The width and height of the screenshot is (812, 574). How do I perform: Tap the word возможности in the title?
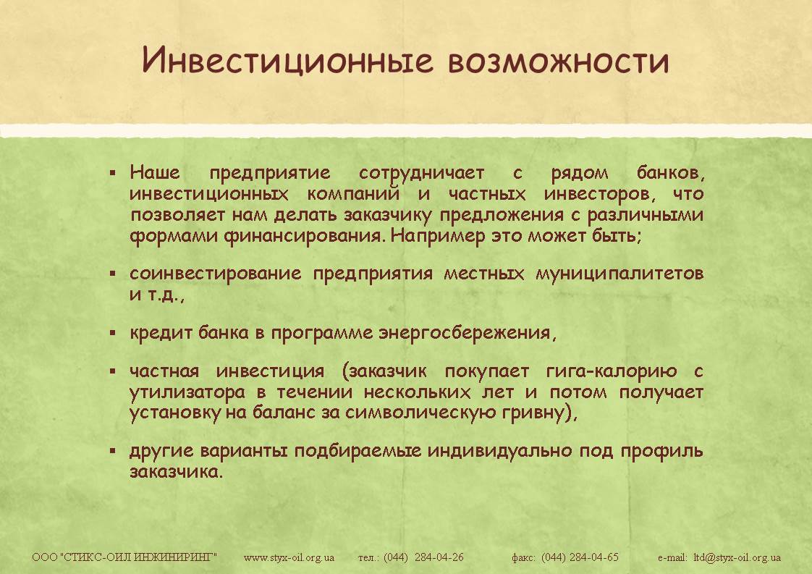558,61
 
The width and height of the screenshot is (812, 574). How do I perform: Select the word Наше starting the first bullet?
155,172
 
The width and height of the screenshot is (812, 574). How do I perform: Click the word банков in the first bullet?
671,172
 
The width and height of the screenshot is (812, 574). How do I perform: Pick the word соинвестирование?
216,274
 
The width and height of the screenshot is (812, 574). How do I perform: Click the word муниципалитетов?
619,274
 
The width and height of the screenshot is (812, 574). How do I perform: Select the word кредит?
161,332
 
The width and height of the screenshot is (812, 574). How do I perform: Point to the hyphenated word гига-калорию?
612,371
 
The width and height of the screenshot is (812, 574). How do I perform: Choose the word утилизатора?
187,392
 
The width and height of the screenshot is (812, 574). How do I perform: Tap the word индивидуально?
500,451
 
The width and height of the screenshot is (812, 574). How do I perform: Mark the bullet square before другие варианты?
113,451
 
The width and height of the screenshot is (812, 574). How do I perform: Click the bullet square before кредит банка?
113,333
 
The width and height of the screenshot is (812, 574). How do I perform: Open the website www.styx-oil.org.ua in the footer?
289,558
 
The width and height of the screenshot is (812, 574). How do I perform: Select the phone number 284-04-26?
439,557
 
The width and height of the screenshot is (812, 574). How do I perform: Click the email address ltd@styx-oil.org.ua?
737,558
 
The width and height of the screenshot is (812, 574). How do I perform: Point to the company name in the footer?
124,557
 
